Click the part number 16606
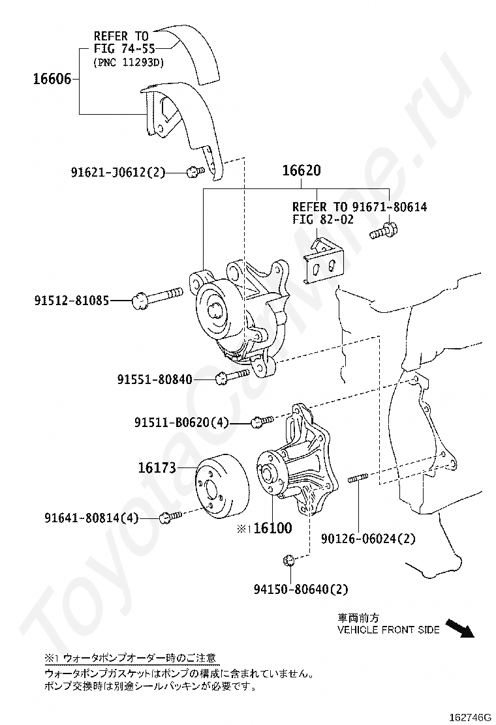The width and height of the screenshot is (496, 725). tap(52, 80)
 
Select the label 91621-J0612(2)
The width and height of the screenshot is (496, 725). tap(118, 172)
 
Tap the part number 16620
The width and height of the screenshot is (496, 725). tap(301, 171)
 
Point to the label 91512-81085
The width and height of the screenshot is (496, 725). tap(72, 301)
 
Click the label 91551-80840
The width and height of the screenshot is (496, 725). tap(155, 379)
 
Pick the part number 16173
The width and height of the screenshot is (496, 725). tap(157, 467)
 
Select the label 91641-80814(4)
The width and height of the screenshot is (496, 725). tap(92, 519)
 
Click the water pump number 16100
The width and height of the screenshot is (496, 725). tap(272, 528)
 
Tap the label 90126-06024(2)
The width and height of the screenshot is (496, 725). tap(368, 539)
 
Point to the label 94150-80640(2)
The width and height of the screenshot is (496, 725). tap(301, 589)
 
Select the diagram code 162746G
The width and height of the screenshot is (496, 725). tap(471, 717)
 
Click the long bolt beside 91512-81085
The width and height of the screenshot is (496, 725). tap(159, 299)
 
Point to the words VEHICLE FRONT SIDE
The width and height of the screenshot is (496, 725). tap(388, 630)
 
